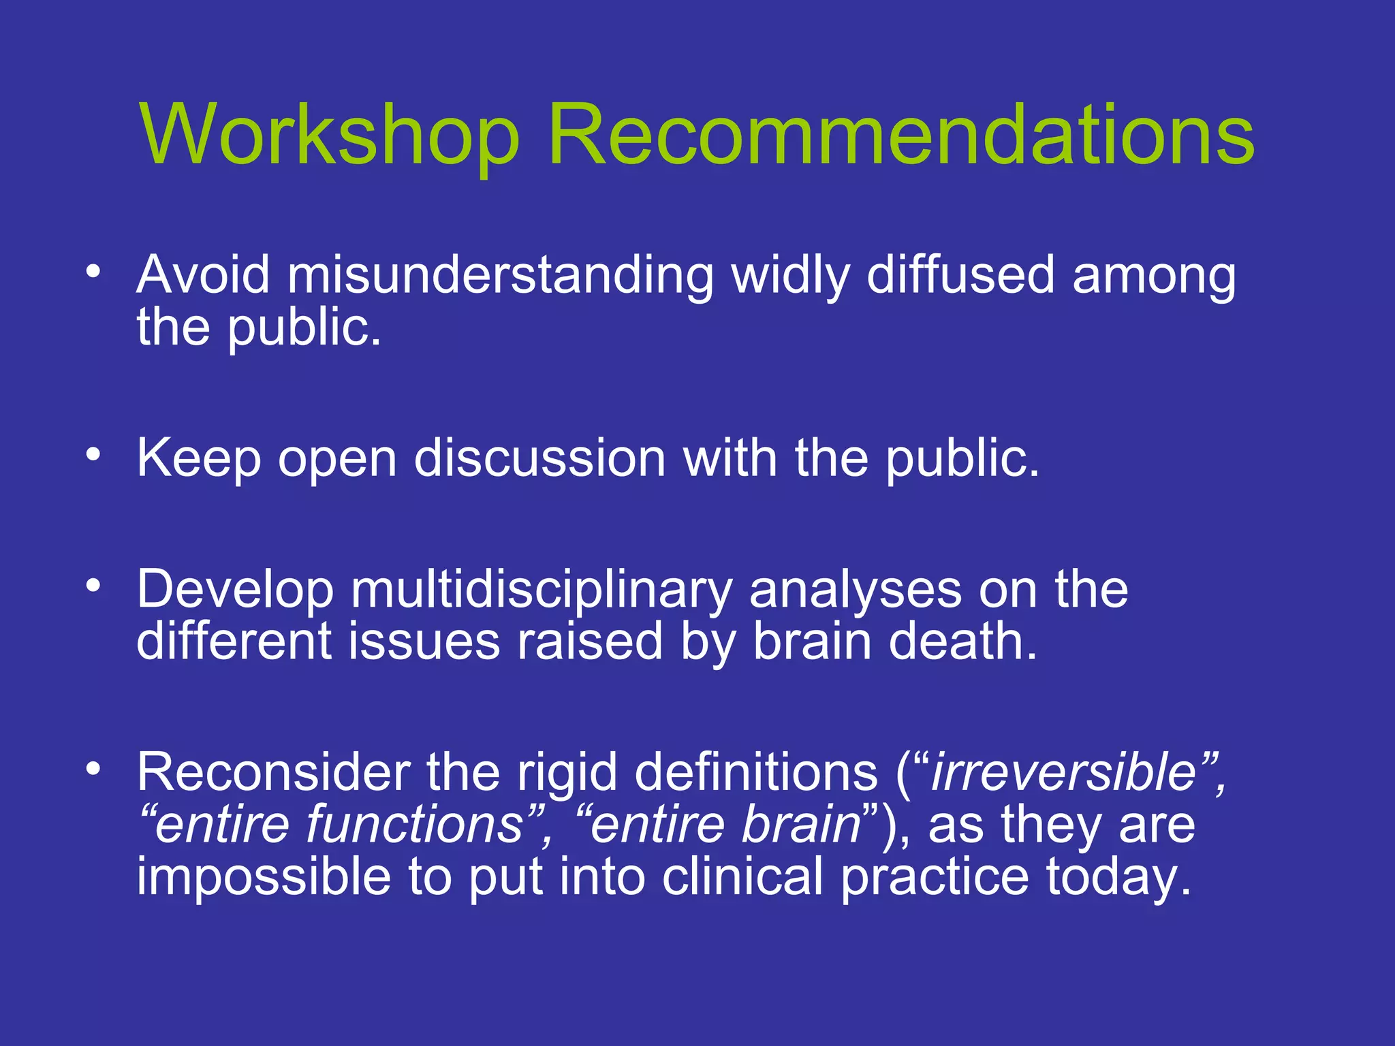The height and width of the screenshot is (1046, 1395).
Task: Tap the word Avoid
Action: pyautogui.click(x=203, y=274)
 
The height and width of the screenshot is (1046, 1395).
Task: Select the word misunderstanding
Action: pyautogui.click(x=500, y=276)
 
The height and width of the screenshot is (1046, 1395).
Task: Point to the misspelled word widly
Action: pyautogui.click(x=790, y=276)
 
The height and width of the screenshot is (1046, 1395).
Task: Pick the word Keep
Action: pyautogui.click(x=199, y=458)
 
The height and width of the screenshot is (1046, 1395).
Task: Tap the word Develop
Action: pyautogui.click(x=235, y=590)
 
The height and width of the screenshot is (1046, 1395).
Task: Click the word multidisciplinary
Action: pyautogui.click(x=542, y=590)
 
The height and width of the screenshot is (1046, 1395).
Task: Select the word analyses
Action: pyautogui.click(x=856, y=590)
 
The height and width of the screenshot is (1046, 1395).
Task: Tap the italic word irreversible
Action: pyautogui.click(x=1063, y=772)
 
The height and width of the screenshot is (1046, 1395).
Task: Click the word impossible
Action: pyautogui.click(x=264, y=876)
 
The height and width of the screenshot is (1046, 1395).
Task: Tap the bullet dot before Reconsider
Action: pyautogui.click(x=93, y=768)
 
